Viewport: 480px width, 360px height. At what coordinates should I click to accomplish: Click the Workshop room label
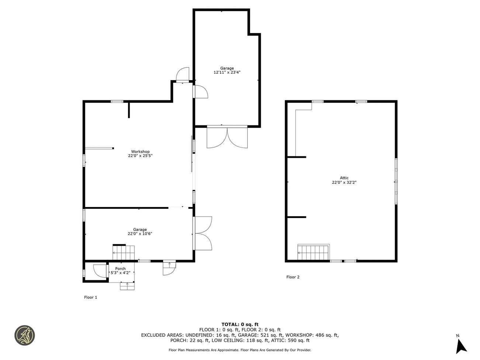[140, 152]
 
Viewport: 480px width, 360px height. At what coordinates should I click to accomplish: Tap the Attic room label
[344, 178]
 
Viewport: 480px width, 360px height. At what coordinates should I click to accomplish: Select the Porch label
[120, 269]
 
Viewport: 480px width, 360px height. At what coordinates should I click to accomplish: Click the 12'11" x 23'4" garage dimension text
[227, 72]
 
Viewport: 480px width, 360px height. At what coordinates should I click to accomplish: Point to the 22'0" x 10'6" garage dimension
[140, 233]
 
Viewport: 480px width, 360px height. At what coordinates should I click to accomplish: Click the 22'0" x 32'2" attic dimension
[344, 182]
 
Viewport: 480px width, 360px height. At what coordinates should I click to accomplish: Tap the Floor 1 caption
[90, 297]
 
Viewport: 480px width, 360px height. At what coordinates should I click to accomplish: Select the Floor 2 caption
[293, 277]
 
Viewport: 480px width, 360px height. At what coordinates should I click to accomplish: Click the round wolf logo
[24, 335]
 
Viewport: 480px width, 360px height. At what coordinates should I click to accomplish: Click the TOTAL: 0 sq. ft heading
[240, 325]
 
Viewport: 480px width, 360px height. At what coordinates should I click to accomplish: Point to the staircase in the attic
[313, 252]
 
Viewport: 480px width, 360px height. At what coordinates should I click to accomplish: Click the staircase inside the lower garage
[124, 252]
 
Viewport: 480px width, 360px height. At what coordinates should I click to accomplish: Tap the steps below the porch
[127, 286]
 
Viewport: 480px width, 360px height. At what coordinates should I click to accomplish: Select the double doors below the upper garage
[227, 137]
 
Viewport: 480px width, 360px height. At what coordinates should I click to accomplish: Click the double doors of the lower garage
[203, 233]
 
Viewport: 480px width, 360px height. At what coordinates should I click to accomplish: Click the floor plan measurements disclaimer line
[240, 350]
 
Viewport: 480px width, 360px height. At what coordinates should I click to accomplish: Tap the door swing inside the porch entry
[100, 271]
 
